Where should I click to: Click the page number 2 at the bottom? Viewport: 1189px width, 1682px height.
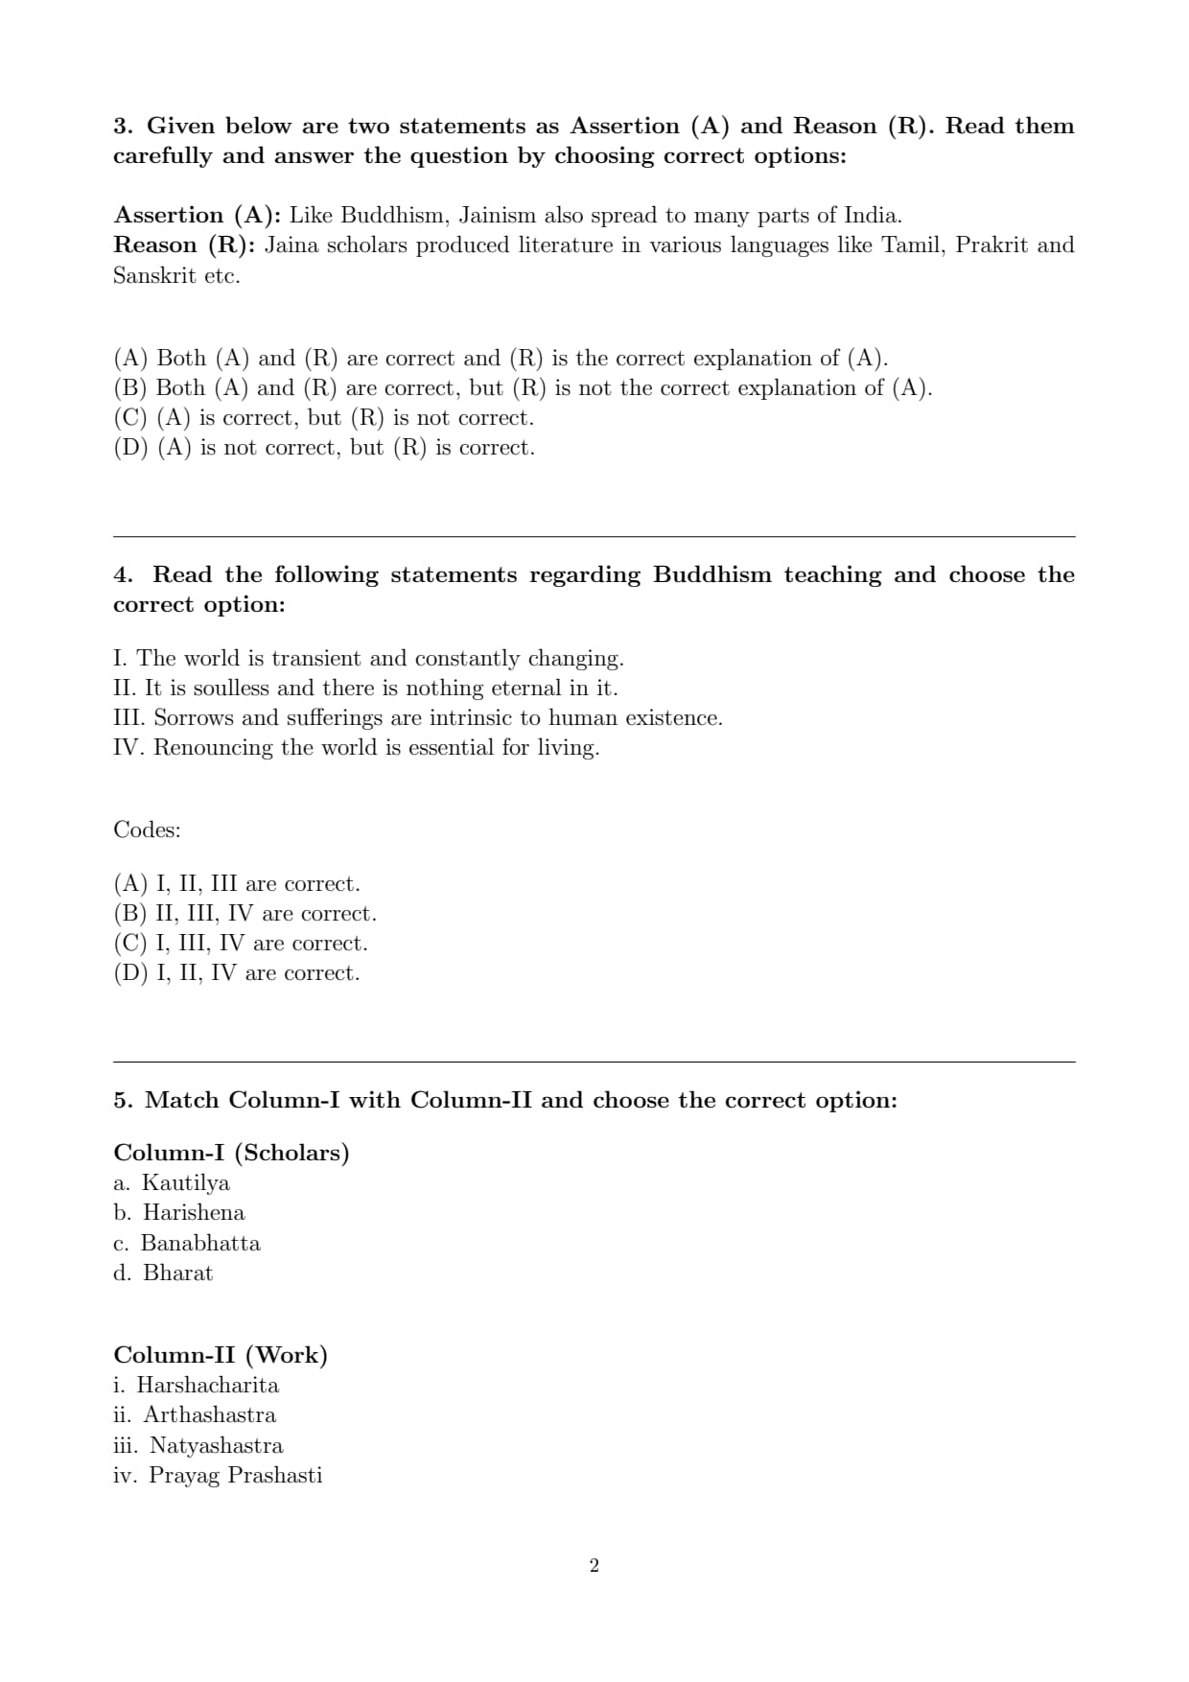coord(594,1566)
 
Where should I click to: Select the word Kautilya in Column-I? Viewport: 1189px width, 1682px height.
coord(186,1182)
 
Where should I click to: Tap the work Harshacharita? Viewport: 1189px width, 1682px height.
coord(207,1385)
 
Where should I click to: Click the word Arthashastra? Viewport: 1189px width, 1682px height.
coord(210,1414)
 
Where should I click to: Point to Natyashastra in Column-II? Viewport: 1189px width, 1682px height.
coord(216,1445)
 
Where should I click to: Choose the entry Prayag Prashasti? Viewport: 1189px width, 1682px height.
coord(235,1475)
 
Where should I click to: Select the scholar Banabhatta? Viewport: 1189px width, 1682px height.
coord(200,1243)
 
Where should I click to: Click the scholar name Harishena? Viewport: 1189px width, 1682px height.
coord(194,1212)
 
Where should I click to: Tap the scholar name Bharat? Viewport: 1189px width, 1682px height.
coord(177,1273)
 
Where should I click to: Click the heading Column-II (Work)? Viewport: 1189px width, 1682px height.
coord(221,1355)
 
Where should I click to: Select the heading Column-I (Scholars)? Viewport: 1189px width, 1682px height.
coord(231,1153)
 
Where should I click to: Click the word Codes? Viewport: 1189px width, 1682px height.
coord(147,829)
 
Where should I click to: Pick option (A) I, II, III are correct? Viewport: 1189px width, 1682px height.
coord(237,883)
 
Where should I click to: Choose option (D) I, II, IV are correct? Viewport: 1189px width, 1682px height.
coord(237,972)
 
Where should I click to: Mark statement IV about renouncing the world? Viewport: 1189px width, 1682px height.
coord(356,747)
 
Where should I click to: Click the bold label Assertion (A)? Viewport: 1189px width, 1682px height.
coord(197,215)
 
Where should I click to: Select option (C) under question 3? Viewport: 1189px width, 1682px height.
coord(323,417)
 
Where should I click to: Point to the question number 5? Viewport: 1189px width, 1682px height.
coord(122,1100)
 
